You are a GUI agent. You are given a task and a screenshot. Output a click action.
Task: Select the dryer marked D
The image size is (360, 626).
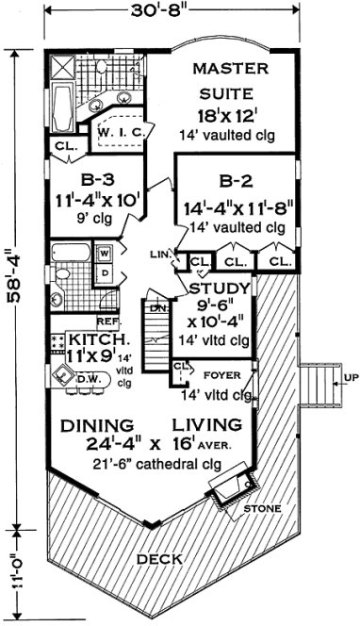point(104,273)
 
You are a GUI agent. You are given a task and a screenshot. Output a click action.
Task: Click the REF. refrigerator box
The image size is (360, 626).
point(106,321)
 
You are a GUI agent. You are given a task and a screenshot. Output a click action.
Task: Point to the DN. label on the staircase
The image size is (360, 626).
point(159,307)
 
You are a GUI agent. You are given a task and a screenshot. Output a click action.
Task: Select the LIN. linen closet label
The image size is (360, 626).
point(158,255)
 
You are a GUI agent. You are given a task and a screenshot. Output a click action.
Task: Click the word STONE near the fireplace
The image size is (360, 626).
point(261,509)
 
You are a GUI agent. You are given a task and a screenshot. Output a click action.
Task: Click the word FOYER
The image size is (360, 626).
point(221,374)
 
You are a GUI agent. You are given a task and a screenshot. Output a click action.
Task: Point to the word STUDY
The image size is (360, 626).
point(220,288)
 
